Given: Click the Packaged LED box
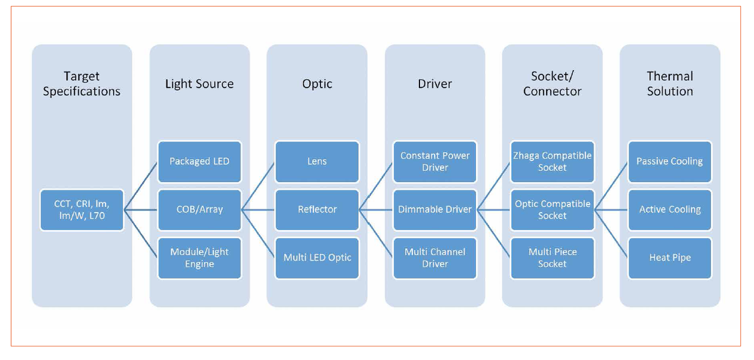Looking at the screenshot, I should click(x=199, y=161).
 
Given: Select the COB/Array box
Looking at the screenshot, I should click(x=199, y=210).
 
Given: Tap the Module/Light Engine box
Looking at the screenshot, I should click(x=199, y=258).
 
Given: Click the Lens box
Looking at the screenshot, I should click(x=317, y=161).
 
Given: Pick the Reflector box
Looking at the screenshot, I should click(x=317, y=210).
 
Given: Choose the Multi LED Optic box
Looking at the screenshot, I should click(x=317, y=258).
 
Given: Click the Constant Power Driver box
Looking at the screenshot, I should click(x=435, y=161).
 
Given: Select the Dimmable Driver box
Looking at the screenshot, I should click(x=435, y=210).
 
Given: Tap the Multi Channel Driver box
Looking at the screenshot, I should click(x=435, y=258).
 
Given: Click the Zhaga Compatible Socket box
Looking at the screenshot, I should click(x=552, y=161).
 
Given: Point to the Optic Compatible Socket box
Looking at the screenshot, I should click(x=552, y=210).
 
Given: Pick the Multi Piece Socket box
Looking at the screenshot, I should click(x=552, y=258).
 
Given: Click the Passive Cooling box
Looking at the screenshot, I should click(x=670, y=161).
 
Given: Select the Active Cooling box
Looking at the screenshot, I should click(x=670, y=210).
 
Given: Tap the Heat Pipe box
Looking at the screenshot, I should click(x=670, y=258).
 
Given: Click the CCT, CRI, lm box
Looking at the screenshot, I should click(x=82, y=210).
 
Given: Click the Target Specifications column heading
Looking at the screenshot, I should click(x=82, y=84).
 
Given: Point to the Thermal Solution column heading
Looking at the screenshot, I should click(x=670, y=84).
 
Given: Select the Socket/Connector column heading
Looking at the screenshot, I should click(x=552, y=84).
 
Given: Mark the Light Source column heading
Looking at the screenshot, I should click(x=199, y=84).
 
